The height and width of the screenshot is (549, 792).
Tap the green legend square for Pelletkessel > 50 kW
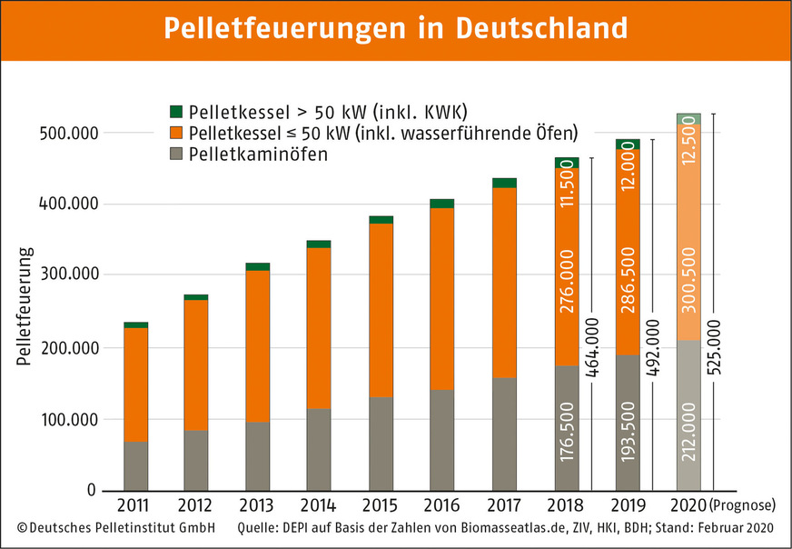[x=176, y=112]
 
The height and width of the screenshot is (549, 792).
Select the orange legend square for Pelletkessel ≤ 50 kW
[x=176, y=133]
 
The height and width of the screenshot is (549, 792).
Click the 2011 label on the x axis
[x=135, y=504]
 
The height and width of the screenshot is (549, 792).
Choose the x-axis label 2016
[x=441, y=504]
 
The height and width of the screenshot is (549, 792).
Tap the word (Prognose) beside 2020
[x=746, y=505]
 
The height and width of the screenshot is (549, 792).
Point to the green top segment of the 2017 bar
[x=503, y=183]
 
